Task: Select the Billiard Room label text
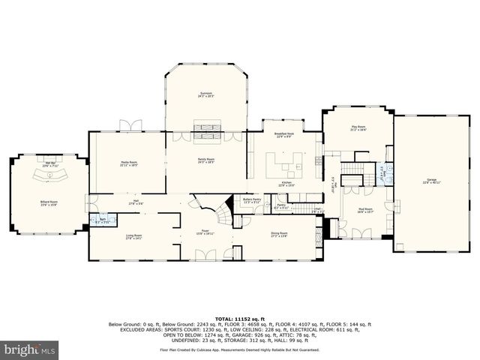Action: click(49, 203)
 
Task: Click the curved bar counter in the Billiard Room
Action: click(50, 177)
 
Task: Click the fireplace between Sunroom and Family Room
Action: click(206, 134)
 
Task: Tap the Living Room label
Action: click(133, 236)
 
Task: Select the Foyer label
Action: click(205, 232)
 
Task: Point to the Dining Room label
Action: click(279, 234)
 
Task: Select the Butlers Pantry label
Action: click(252, 200)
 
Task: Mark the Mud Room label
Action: click(364, 212)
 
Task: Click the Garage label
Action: click(431, 180)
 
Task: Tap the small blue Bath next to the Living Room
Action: click(102, 221)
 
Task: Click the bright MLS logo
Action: click(29, 349)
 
